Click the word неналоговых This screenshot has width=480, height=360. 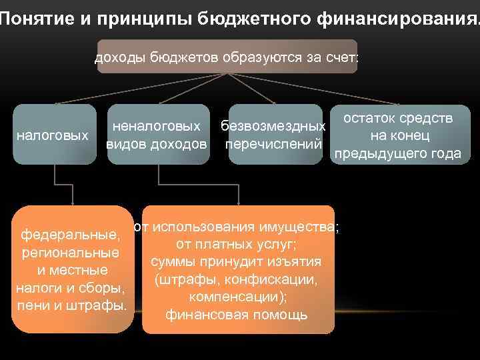[156, 125]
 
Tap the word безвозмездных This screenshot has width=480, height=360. [273, 126]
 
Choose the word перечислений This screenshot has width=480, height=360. [274, 145]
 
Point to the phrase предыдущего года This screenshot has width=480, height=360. [398, 154]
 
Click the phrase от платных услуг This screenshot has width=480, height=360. [237, 244]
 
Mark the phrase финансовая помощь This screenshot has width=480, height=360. [237, 314]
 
